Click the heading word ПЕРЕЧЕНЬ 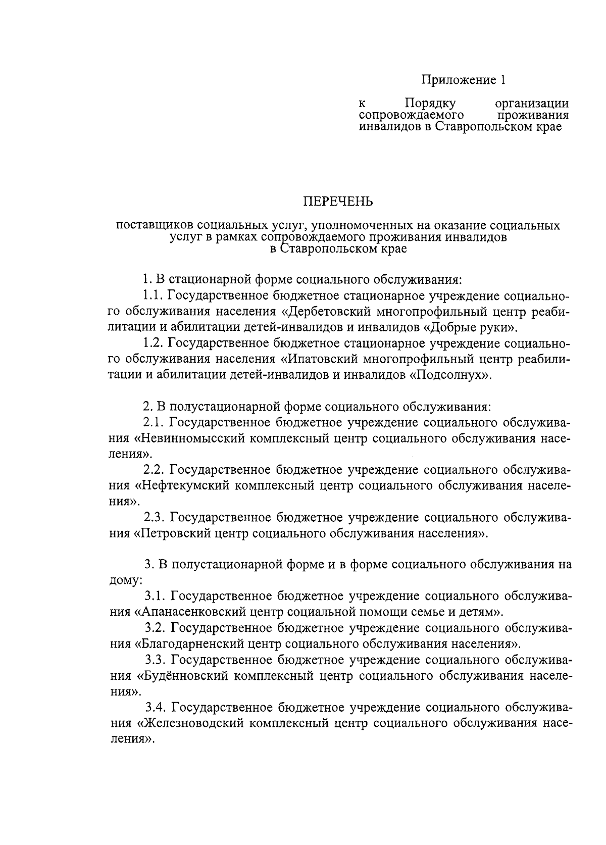point(338,202)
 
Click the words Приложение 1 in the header point(463,80)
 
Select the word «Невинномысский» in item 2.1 point(190,438)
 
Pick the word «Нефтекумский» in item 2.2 point(183,486)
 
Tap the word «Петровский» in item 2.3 point(171,533)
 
